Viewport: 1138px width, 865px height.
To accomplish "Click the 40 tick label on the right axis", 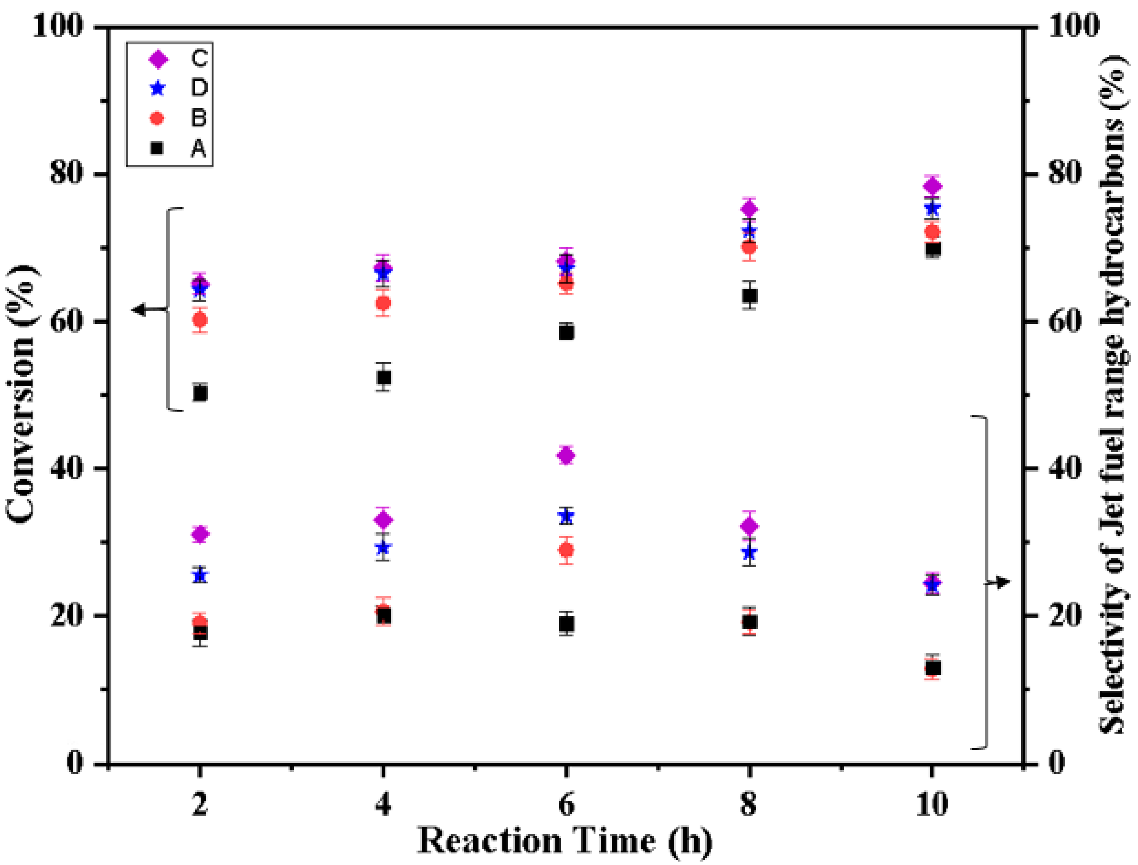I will pyautogui.click(x=1066, y=469).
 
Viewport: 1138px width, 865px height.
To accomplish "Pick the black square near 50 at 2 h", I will pyautogui.click(x=200, y=393).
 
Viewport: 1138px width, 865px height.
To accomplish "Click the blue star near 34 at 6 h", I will pyautogui.click(x=566, y=516).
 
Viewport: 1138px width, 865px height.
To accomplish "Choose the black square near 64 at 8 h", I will pyautogui.click(x=750, y=296).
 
